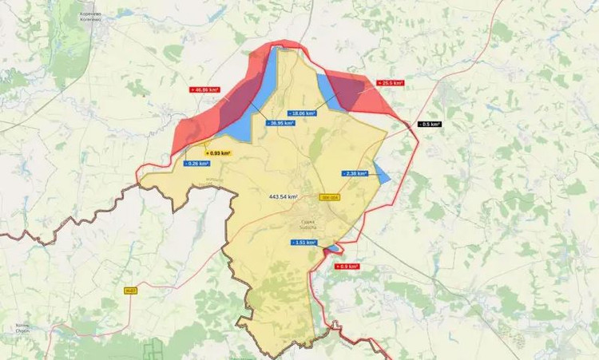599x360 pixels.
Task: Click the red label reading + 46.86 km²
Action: point(205,90)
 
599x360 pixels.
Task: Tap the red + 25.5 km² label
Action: point(391,82)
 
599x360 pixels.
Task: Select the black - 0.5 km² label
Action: point(430,125)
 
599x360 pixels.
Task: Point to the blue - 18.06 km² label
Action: point(303,113)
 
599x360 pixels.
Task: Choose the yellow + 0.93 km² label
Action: point(218,152)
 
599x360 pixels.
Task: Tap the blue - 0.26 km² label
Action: point(196,164)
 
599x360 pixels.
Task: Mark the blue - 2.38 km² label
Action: point(354,173)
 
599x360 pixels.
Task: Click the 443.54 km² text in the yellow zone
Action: point(284,196)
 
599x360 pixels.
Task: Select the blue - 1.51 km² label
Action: point(303,242)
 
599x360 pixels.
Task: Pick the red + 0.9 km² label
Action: point(347,267)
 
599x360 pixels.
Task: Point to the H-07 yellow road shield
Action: point(131,291)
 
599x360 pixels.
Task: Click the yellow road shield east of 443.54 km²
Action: point(328,197)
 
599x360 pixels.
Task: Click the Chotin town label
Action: point(22,328)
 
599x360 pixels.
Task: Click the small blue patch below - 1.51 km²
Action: point(330,250)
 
